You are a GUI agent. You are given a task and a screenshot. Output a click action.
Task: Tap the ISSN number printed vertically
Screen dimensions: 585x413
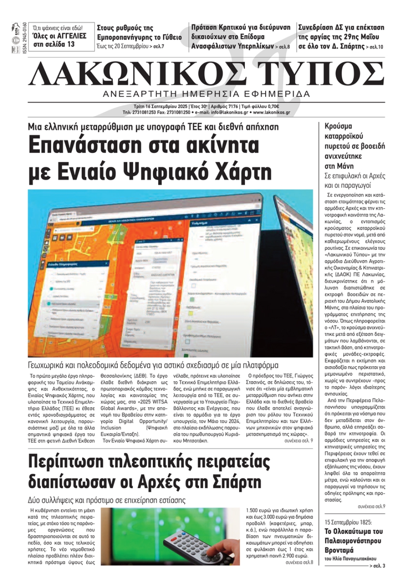pyautogui.click(x=25, y=38)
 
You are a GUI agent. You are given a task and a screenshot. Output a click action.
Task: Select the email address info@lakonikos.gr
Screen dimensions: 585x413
pyautogui.click(x=227, y=112)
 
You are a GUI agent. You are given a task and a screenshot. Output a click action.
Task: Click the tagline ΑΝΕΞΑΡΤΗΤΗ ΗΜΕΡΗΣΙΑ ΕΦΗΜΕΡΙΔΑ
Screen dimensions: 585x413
pyautogui.click(x=206, y=94)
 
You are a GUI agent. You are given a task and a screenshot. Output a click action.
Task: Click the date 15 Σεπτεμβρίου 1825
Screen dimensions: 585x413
pyautogui.click(x=348, y=522)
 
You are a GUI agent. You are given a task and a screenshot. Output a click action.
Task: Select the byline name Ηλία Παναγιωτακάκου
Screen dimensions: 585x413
pyautogui.click(x=353, y=559)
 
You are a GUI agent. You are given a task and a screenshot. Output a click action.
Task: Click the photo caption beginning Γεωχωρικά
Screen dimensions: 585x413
pyautogui.click(x=153, y=365)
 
